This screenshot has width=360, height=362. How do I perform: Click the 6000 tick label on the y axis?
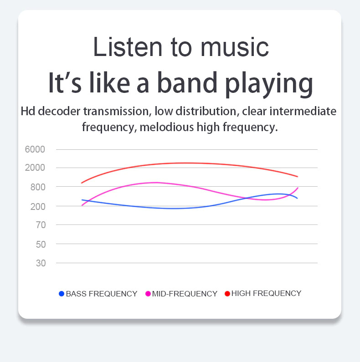35,149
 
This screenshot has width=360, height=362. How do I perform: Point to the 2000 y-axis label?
35,168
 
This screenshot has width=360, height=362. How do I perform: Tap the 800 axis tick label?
38,187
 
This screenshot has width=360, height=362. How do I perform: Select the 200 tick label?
38,207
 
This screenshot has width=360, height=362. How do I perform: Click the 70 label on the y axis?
41,225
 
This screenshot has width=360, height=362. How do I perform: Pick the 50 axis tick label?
41,245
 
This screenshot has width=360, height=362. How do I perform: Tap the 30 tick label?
41,263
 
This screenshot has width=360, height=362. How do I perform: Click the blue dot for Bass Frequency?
62,294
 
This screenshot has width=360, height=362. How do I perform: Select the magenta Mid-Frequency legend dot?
148,294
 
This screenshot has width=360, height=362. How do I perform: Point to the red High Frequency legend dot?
227,293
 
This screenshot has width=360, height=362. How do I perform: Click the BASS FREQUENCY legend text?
102,294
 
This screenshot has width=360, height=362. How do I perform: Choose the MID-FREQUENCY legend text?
185,294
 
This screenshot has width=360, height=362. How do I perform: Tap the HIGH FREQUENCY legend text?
267,293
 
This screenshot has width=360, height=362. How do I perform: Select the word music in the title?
235,47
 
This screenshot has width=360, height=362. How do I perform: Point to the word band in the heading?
187,82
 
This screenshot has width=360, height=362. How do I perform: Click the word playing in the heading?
269,84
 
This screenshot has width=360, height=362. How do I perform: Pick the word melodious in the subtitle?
167,127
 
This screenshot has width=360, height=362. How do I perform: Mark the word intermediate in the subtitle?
303,111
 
